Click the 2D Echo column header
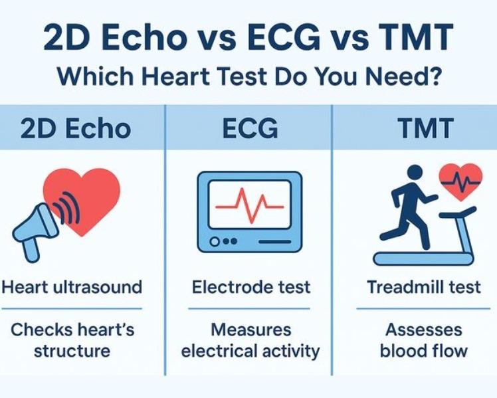coord(76,128)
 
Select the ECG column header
coord(248,128)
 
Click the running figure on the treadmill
coord(410,203)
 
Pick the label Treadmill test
coord(424,287)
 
